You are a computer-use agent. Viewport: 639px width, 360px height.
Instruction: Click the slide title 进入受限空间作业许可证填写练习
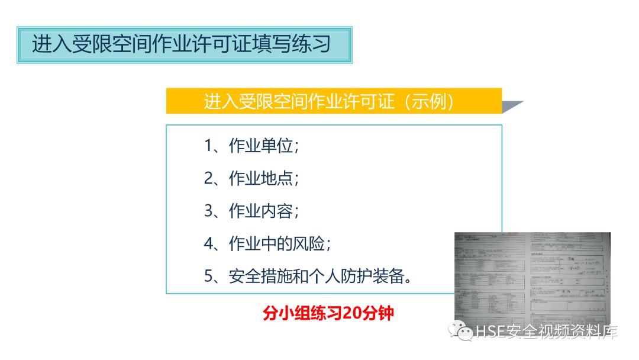pos(181,45)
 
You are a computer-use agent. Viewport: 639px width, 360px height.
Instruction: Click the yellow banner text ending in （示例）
pos(329,102)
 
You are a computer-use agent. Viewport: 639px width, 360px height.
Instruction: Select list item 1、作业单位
pos(251,146)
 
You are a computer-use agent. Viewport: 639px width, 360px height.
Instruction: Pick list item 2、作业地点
pos(251,178)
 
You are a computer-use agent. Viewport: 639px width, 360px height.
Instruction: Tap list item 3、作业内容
pos(251,211)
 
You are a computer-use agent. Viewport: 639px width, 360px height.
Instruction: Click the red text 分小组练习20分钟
pos(328,313)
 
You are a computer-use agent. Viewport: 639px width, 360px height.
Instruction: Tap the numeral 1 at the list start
pos(208,146)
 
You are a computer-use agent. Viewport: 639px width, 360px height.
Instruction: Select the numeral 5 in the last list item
pos(208,276)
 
